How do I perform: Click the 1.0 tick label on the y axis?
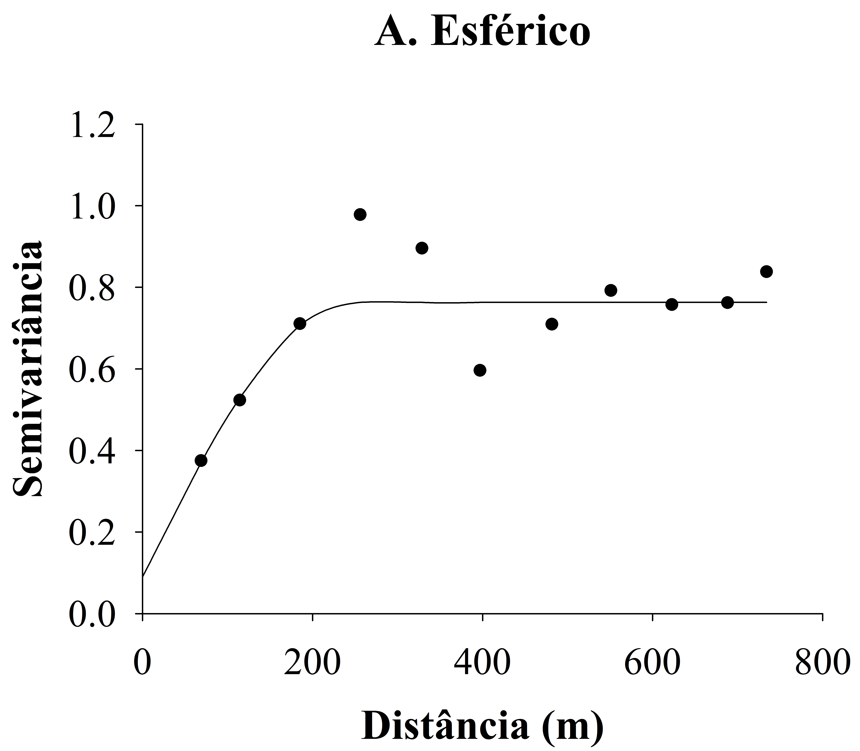coord(92,207)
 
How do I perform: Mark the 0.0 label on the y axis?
coord(92,614)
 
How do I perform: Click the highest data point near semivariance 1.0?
coord(360,215)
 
